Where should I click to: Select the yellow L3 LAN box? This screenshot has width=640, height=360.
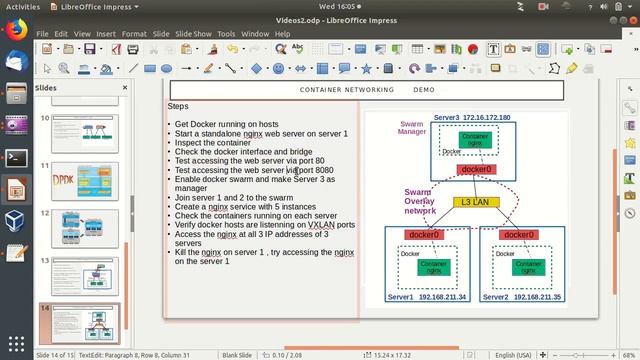pos(475,202)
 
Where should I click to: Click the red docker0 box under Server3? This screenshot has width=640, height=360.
pos(476,170)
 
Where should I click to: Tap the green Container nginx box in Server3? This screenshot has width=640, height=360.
pos(476,140)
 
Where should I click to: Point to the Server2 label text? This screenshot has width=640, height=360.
pos(497,297)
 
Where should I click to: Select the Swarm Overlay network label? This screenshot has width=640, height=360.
pos(420,201)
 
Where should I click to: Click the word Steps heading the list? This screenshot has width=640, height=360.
pos(178,106)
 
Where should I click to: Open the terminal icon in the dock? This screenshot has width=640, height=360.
pos(15,157)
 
